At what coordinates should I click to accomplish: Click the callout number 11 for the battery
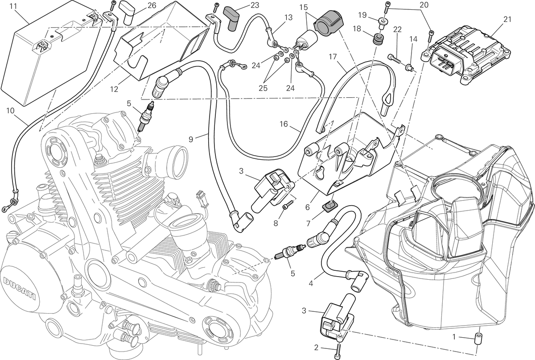14,6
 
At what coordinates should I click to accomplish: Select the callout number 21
507,19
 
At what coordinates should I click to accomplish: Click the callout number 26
152,5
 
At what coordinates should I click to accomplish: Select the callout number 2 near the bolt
316,348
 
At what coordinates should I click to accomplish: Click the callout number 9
191,139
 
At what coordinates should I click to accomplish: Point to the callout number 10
11,111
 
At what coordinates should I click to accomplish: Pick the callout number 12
114,89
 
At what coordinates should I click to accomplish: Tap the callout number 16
284,124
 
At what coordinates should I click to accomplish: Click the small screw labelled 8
287,204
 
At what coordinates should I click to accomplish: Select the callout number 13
288,17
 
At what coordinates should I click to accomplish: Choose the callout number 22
397,29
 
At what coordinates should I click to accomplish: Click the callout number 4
311,283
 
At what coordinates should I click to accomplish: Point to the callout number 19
362,15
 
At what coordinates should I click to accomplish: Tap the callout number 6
307,207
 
